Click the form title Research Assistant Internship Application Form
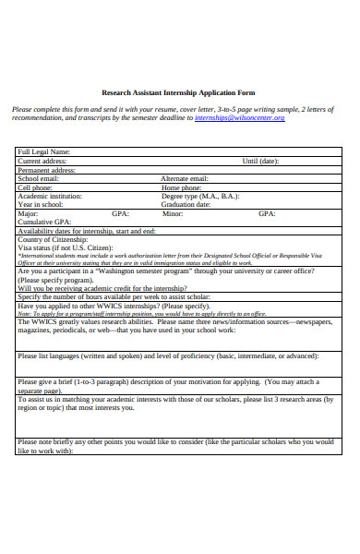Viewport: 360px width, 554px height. [x=180, y=93]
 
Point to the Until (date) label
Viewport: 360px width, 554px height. [x=263, y=161]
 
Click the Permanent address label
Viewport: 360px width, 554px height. [x=47, y=170]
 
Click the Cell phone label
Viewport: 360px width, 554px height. [x=37, y=187]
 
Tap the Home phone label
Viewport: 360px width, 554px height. [x=183, y=187]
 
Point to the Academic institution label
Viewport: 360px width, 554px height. [x=51, y=196]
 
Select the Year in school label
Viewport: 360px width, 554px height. [x=42, y=204]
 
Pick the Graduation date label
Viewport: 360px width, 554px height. [x=188, y=204]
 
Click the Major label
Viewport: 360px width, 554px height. [x=29, y=213]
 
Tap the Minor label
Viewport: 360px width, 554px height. [x=173, y=213]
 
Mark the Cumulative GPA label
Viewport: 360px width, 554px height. [x=43, y=222]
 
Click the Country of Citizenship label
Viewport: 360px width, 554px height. [x=54, y=239]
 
